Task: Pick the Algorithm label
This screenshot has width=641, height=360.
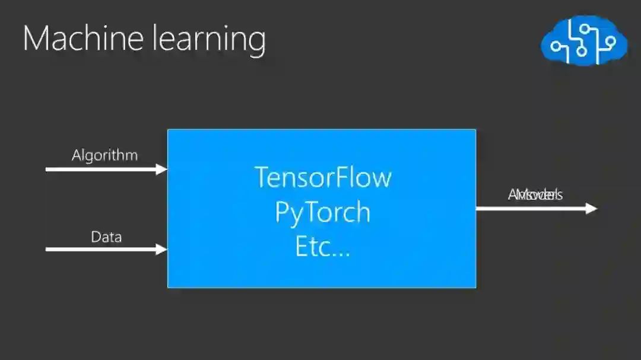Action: click(104, 155)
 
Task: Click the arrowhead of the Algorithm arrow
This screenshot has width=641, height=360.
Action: click(161, 170)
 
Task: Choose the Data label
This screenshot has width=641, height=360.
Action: click(106, 237)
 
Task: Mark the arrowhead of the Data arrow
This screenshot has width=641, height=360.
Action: click(161, 249)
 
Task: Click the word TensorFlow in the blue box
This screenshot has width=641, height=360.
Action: click(323, 177)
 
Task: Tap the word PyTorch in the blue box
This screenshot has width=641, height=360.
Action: click(322, 213)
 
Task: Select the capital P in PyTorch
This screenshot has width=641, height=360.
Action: click(281, 213)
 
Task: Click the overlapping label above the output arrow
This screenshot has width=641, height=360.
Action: click(535, 195)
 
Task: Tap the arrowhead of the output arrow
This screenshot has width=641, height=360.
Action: click(591, 208)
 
